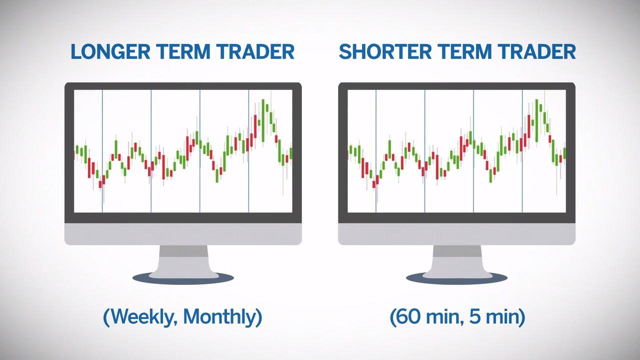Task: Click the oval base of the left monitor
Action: click(183, 278)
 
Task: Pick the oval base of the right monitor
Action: click(456, 278)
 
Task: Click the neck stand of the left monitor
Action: click(183, 260)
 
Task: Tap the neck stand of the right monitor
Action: click(457, 260)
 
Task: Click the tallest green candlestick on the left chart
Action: click(263, 120)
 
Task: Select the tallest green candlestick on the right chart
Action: click(536, 120)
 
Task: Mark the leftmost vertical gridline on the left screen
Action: click(102, 151)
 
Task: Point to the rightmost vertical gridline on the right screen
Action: click(522, 151)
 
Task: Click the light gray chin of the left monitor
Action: click(183, 234)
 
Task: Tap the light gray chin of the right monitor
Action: click(456, 234)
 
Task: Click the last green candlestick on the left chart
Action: click(291, 153)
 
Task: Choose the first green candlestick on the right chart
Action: click(351, 149)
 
